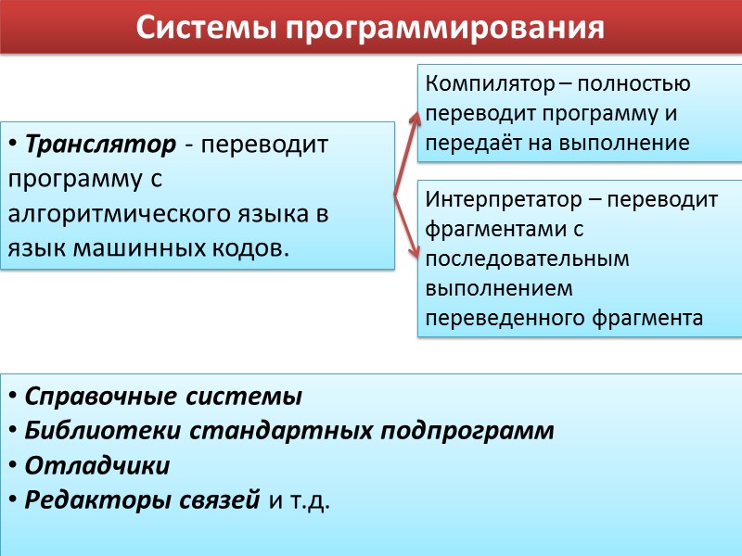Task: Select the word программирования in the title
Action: [445, 29]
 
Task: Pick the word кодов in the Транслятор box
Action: [254, 247]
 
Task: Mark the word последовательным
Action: [527, 259]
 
